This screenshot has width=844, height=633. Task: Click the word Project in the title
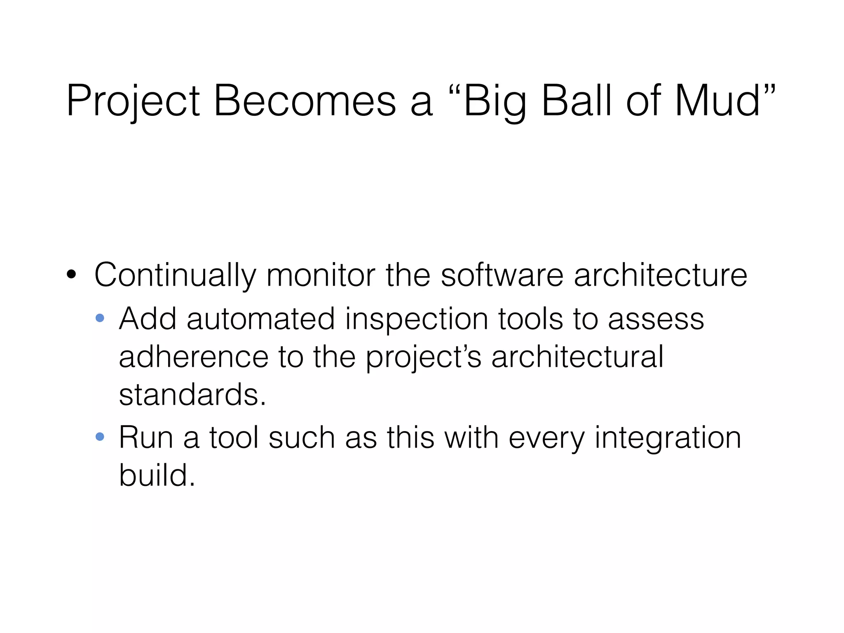[133, 101]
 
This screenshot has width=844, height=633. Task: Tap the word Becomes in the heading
[304, 101]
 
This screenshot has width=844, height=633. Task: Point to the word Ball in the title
[576, 101]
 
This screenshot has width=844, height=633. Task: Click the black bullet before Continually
[71, 275]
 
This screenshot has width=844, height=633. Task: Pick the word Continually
[175, 275]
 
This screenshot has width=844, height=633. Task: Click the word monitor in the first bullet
[321, 275]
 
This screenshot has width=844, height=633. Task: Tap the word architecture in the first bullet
[660, 275]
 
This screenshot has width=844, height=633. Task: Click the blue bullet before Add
[100, 318]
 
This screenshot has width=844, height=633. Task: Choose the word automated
[260, 319]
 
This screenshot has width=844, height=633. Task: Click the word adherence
[193, 356]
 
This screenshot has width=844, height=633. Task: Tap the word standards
[192, 394]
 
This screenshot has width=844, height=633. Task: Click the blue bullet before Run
[100, 436]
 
